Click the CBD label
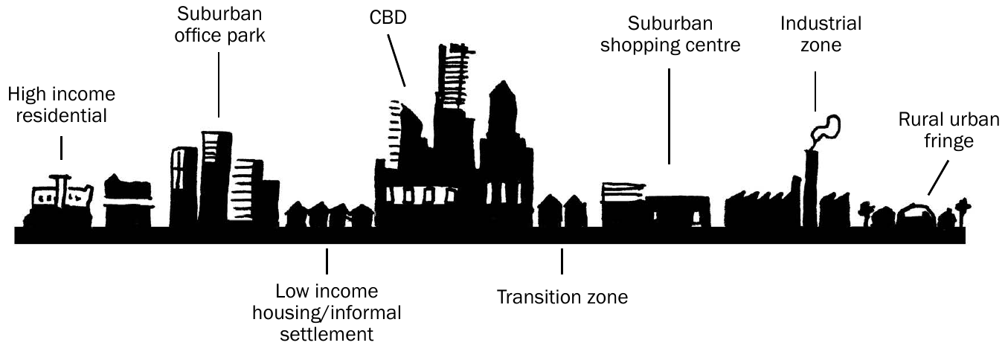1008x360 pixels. point(388,18)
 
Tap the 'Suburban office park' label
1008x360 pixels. point(219,25)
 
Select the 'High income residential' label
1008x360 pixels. point(62,105)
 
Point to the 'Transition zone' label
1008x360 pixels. point(562,297)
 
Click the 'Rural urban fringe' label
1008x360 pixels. point(948,130)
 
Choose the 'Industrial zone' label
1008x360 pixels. point(821,34)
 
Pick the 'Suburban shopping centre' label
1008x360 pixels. point(670,34)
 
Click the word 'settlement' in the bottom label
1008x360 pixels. point(327,335)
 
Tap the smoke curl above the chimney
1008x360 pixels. point(826,128)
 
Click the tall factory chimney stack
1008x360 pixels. point(811,188)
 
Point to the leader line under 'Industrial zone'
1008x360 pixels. point(815,91)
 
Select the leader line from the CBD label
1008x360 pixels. point(397,61)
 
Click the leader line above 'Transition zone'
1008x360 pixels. point(562,261)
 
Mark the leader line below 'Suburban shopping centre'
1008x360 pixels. point(670,116)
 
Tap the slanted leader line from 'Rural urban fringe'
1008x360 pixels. point(938,179)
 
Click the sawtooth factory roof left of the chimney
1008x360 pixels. point(760,209)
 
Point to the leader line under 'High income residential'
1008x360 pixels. point(61,148)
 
